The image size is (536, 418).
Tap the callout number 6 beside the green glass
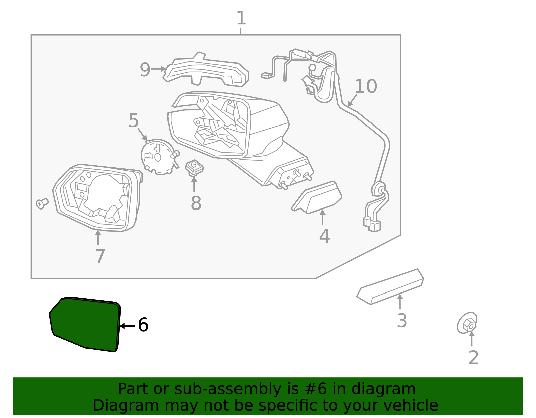(143, 325)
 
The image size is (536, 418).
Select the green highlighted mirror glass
(84, 324)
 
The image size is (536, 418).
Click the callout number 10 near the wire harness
(365, 86)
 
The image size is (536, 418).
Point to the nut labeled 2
(467, 323)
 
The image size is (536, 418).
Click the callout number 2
(473, 358)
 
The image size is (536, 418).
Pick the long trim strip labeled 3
(390, 287)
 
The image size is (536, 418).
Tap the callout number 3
(401, 320)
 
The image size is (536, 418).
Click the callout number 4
(324, 236)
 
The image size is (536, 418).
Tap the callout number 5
(133, 121)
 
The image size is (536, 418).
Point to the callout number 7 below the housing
(100, 257)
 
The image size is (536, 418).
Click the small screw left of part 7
(42, 203)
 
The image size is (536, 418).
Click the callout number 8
(196, 203)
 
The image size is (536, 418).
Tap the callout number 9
(145, 70)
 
